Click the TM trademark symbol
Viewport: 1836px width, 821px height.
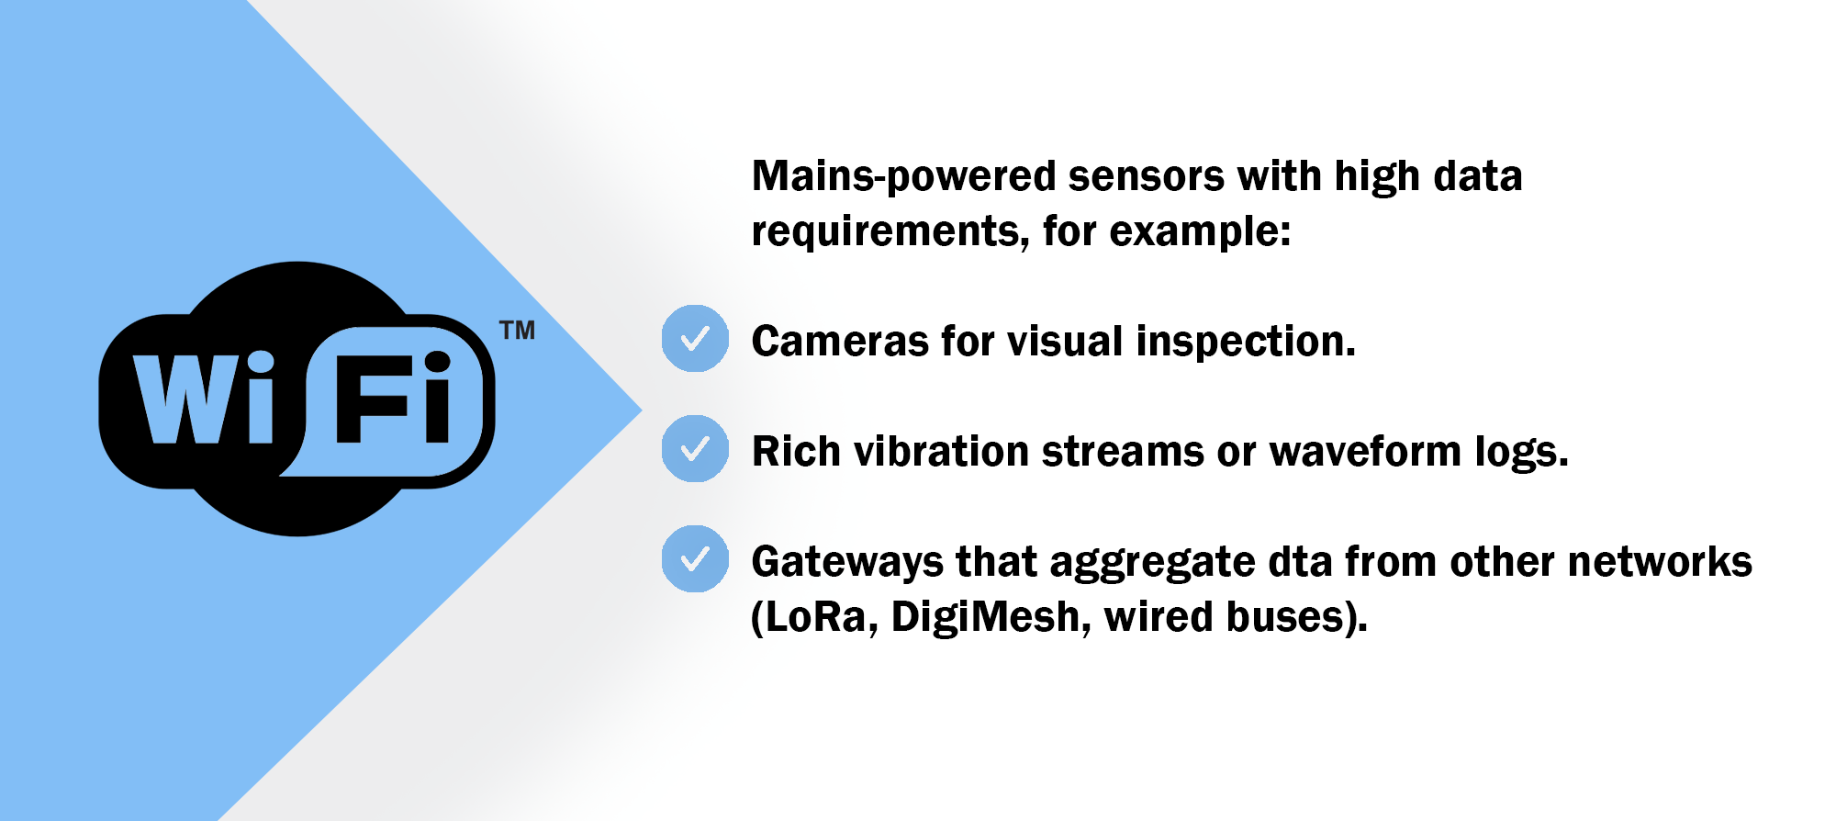coord(518,331)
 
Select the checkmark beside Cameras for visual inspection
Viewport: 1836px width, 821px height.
coord(695,339)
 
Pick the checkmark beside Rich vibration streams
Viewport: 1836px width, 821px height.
coord(695,449)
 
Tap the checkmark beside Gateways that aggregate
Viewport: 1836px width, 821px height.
coord(695,559)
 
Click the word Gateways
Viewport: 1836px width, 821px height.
coord(847,563)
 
